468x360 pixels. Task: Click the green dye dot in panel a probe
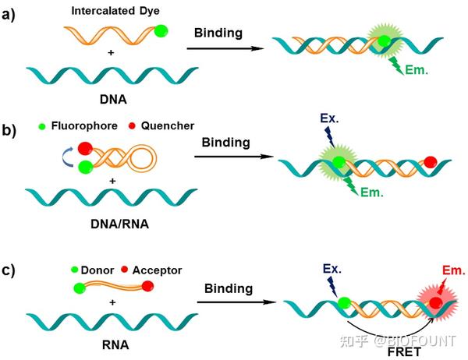click(x=161, y=32)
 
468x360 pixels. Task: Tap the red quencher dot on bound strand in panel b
click(x=431, y=163)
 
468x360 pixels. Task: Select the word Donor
click(x=97, y=270)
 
